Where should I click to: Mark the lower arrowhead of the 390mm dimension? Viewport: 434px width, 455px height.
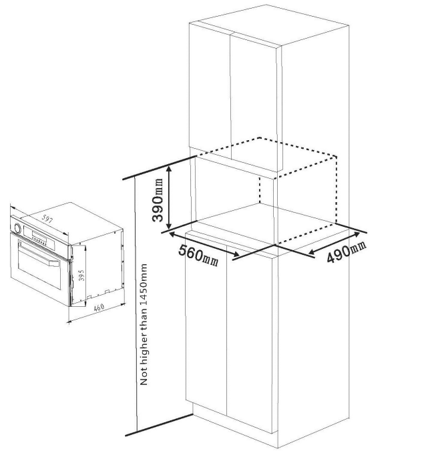pos(170,226)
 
